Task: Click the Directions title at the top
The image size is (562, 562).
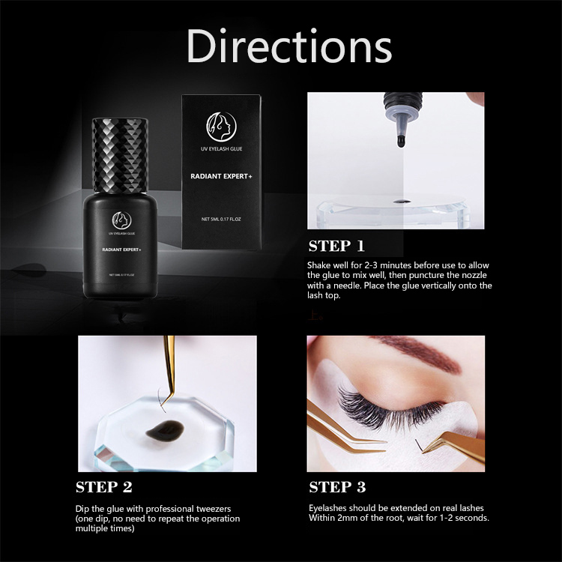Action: [288, 46]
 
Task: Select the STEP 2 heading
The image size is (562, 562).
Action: [104, 488]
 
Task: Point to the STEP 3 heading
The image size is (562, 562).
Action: [337, 488]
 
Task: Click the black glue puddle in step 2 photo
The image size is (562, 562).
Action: [159, 431]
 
